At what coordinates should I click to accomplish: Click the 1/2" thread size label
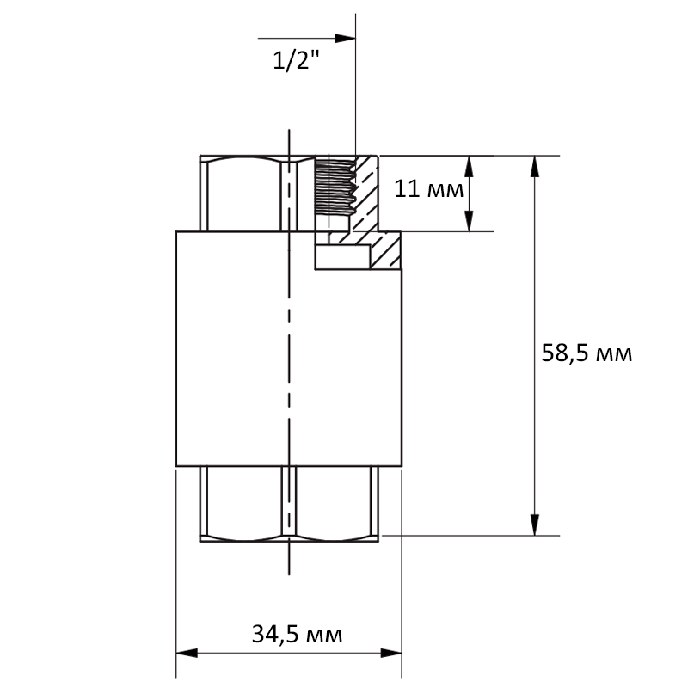296,60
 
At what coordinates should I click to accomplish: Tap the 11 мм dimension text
428,189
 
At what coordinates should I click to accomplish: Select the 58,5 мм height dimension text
587,353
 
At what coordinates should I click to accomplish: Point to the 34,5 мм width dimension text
297,635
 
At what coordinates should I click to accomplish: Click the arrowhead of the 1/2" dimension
345,38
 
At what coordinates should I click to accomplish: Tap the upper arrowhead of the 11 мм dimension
469,166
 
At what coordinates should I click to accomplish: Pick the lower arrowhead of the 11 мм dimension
469,221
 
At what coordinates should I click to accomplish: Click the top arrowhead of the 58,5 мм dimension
534,166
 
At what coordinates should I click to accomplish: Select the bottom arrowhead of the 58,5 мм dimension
534,525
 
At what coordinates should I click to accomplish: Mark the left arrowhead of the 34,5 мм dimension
187,653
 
